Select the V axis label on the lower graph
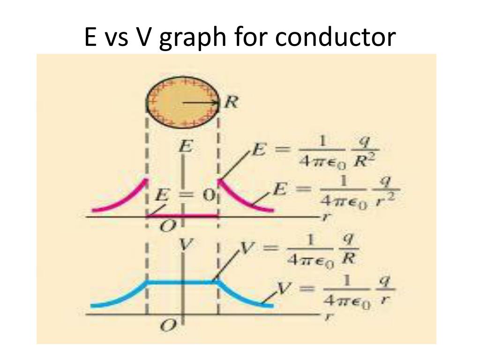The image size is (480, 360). click(186, 246)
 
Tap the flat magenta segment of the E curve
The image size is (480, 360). click(183, 216)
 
